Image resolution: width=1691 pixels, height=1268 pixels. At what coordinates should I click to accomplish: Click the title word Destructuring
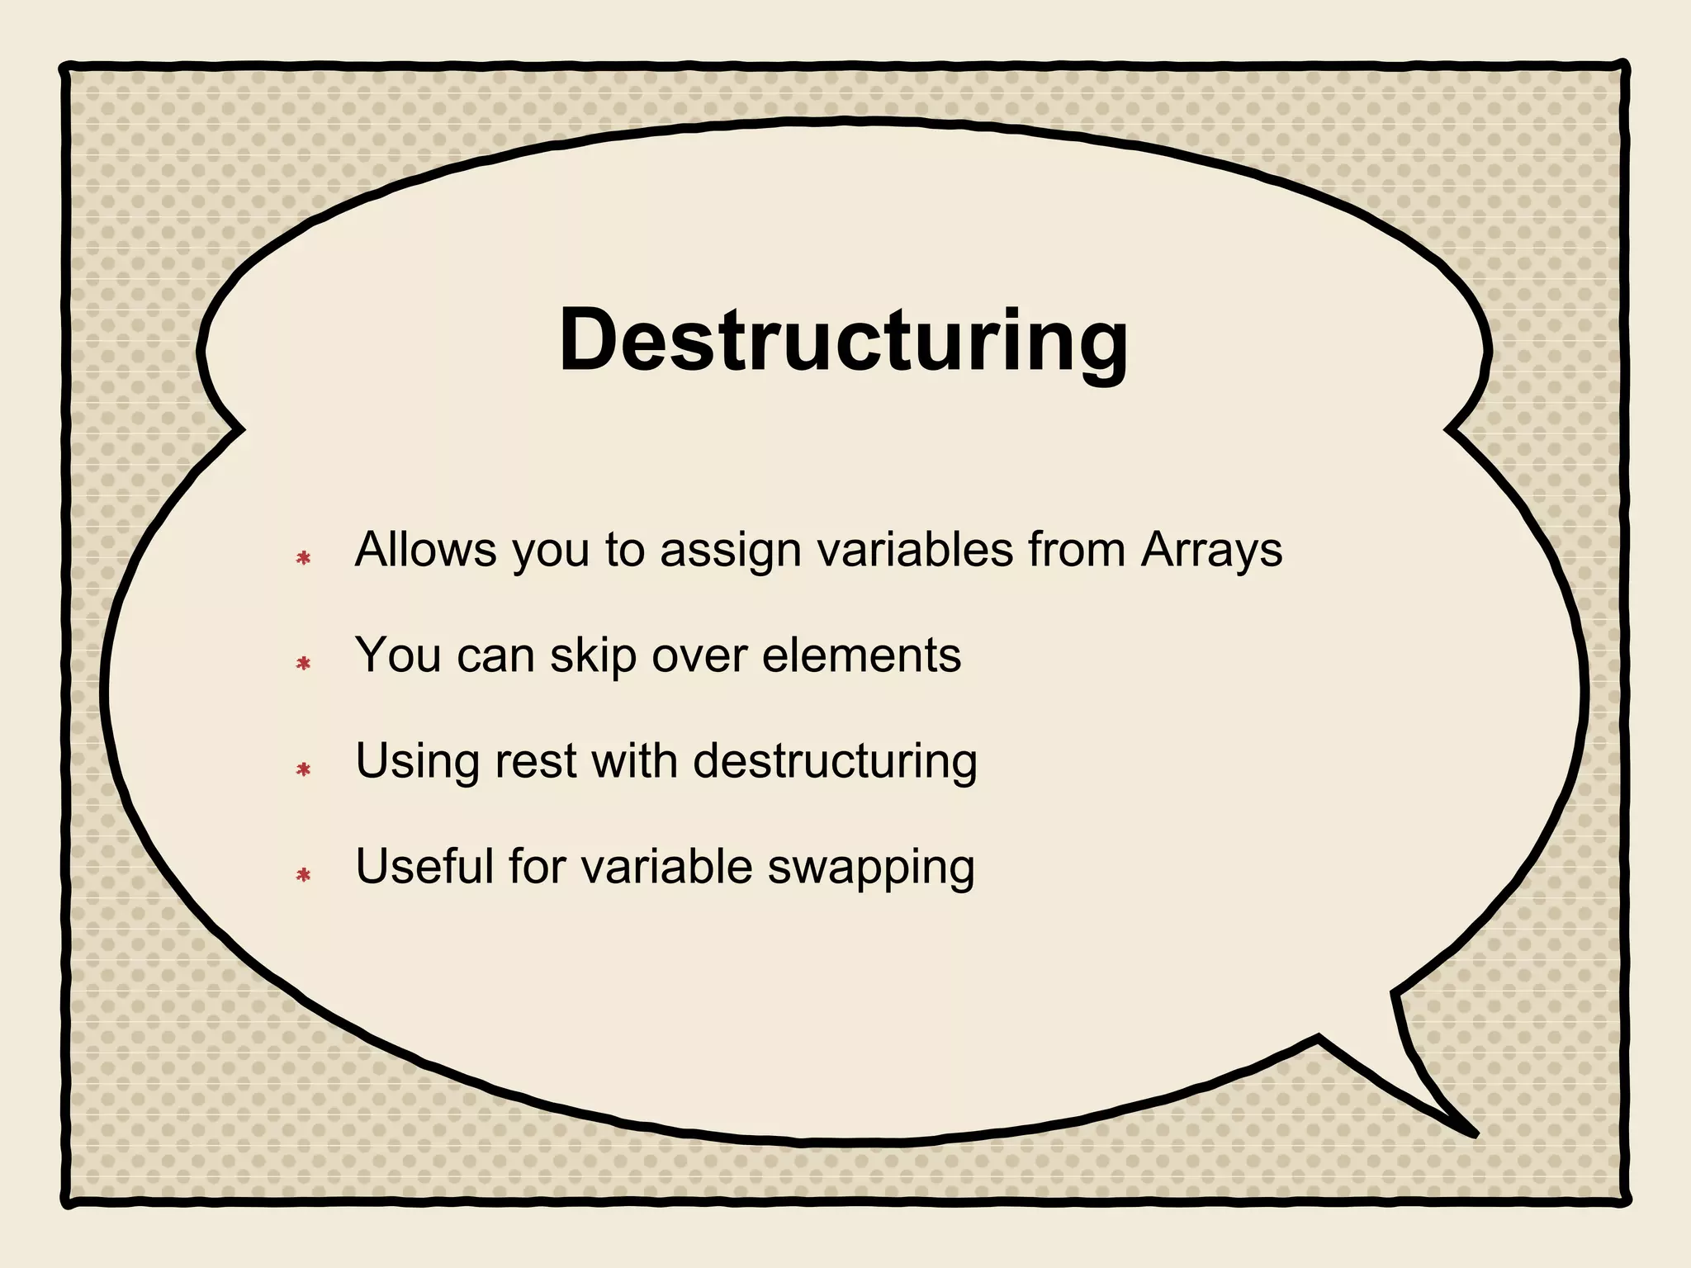[x=843, y=342]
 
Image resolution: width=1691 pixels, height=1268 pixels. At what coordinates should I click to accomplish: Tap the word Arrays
[x=1211, y=551]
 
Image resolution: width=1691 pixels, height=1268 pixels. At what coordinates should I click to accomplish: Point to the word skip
[x=593, y=656]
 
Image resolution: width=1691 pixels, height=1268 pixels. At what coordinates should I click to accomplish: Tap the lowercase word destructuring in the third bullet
[x=835, y=762]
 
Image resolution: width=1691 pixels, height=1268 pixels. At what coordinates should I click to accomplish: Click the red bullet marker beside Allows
[x=303, y=559]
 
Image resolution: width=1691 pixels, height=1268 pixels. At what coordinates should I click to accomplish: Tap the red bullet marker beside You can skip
[x=303, y=663]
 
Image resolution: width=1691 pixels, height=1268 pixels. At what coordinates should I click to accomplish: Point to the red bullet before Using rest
[x=303, y=769]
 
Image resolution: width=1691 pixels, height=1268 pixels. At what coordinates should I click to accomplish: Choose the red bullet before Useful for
[x=303, y=875]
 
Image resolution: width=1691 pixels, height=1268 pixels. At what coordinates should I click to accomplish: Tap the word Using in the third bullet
[x=417, y=762]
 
